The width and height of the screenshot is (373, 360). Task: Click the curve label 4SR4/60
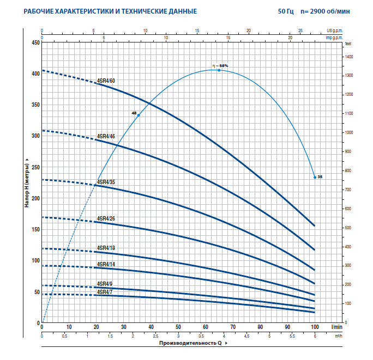click(x=106, y=81)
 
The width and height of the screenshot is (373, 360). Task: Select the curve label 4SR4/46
click(x=106, y=136)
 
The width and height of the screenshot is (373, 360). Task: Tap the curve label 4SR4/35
click(x=106, y=182)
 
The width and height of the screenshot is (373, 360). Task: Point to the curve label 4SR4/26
click(x=106, y=219)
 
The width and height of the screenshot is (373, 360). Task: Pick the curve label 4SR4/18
click(x=106, y=248)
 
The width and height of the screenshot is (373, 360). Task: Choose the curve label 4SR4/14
click(x=106, y=264)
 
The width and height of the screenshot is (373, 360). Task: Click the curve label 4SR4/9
click(x=105, y=284)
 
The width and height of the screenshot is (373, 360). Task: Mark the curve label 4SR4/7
click(x=105, y=292)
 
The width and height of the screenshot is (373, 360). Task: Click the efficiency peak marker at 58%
click(x=219, y=70)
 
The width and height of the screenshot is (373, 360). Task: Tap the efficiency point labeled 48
click(x=139, y=115)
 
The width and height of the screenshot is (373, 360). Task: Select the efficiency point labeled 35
click(x=315, y=177)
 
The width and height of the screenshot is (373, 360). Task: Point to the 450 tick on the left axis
click(x=36, y=42)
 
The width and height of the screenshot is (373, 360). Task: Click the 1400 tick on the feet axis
click(x=349, y=57)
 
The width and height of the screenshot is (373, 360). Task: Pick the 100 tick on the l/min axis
click(x=315, y=327)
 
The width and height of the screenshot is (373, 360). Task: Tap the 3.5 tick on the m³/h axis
click(x=201, y=337)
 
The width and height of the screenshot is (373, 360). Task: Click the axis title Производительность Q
click(x=191, y=344)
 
